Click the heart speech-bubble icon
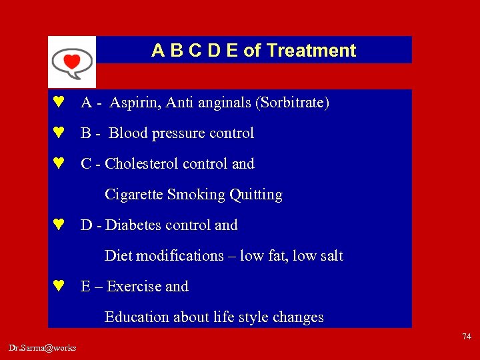coord(71,61)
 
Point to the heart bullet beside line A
coord(59,103)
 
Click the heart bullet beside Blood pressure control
coord(59,133)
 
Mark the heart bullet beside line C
coord(59,164)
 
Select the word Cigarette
coord(134,195)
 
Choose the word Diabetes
coord(134,225)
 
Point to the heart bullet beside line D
coord(59,225)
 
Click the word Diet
coord(117,256)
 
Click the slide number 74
coord(466,337)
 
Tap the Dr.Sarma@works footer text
coord(43,348)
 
